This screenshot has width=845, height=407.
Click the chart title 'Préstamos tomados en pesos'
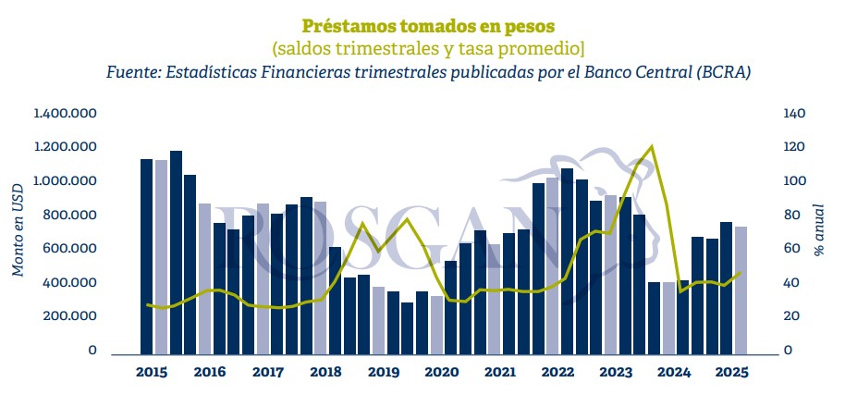(x=422, y=24)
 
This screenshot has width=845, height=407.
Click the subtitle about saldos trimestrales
(x=422, y=47)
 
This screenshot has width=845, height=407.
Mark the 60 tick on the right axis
(x=790, y=248)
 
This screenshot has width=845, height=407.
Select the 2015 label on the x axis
(x=151, y=372)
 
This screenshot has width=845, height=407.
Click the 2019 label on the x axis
(x=383, y=372)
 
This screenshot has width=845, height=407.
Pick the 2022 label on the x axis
(x=557, y=372)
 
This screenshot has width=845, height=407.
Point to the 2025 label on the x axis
(x=730, y=372)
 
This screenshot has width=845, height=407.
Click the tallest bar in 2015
(x=176, y=252)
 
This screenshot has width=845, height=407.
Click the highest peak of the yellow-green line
(x=652, y=146)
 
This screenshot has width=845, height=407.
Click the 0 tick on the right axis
(x=787, y=350)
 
